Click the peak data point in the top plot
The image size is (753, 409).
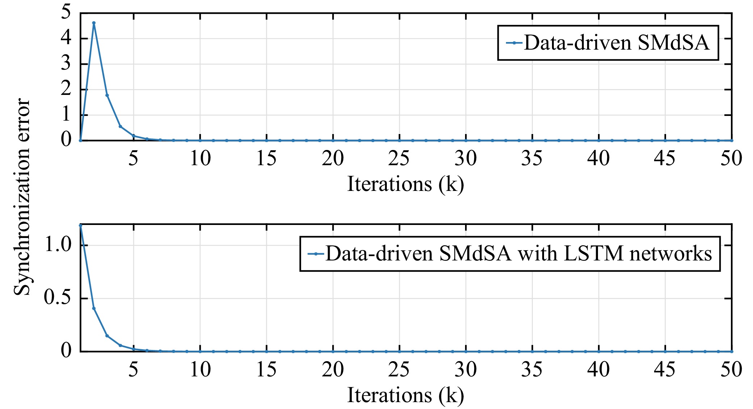94,23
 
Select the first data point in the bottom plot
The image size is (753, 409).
80,225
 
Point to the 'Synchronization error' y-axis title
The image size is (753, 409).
22,197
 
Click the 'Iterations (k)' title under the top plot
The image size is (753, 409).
406,184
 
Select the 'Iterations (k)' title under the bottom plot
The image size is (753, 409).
406,395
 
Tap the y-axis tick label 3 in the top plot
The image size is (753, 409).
66,63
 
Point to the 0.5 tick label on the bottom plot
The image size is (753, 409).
58,297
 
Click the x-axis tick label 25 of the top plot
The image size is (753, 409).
399,158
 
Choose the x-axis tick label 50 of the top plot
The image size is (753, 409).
731,158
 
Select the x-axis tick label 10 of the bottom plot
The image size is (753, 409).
200,370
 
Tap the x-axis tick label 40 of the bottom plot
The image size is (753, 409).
598,370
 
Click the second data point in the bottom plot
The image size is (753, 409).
94,308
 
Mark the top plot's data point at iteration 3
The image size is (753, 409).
107,95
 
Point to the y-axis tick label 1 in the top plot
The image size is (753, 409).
66,114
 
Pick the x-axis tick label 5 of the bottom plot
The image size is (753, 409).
133,370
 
